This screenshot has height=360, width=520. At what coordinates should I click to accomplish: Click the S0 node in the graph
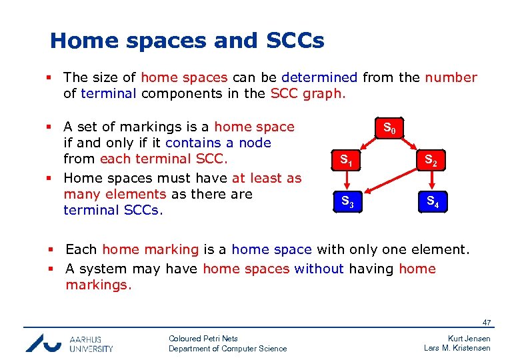pyautogui.click(x=389, y=128)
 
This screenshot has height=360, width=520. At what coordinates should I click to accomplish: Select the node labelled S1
pyautogui.click(x=347, y=160)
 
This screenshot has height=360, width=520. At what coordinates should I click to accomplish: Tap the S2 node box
pyautogui.click(x=432, y=160)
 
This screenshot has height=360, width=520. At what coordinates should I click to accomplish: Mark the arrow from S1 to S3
pyautogui.click(x=347, y=180)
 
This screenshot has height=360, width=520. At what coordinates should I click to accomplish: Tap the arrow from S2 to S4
pyautogui.click(x=432, y=180)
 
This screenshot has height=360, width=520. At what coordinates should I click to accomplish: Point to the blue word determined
pyautogui.click(x=319, y=77)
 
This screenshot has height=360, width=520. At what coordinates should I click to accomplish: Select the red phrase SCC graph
pyautogui.click(x=308, y=93)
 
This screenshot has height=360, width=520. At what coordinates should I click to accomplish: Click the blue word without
pyautogui.click(x=323, y=269)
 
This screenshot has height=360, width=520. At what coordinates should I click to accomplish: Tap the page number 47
pyautogui.click(x=486, y=323)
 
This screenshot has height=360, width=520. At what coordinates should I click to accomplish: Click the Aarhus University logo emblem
pyautogui.click(x=43, y=342)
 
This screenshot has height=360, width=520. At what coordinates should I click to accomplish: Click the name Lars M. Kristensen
pyautogui.click(x=457, y=348)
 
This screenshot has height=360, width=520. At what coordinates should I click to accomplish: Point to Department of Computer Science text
pyautogui.click(x=227, y=349)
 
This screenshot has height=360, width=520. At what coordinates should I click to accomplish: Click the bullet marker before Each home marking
pyautogui.click(x=51, y=250)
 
